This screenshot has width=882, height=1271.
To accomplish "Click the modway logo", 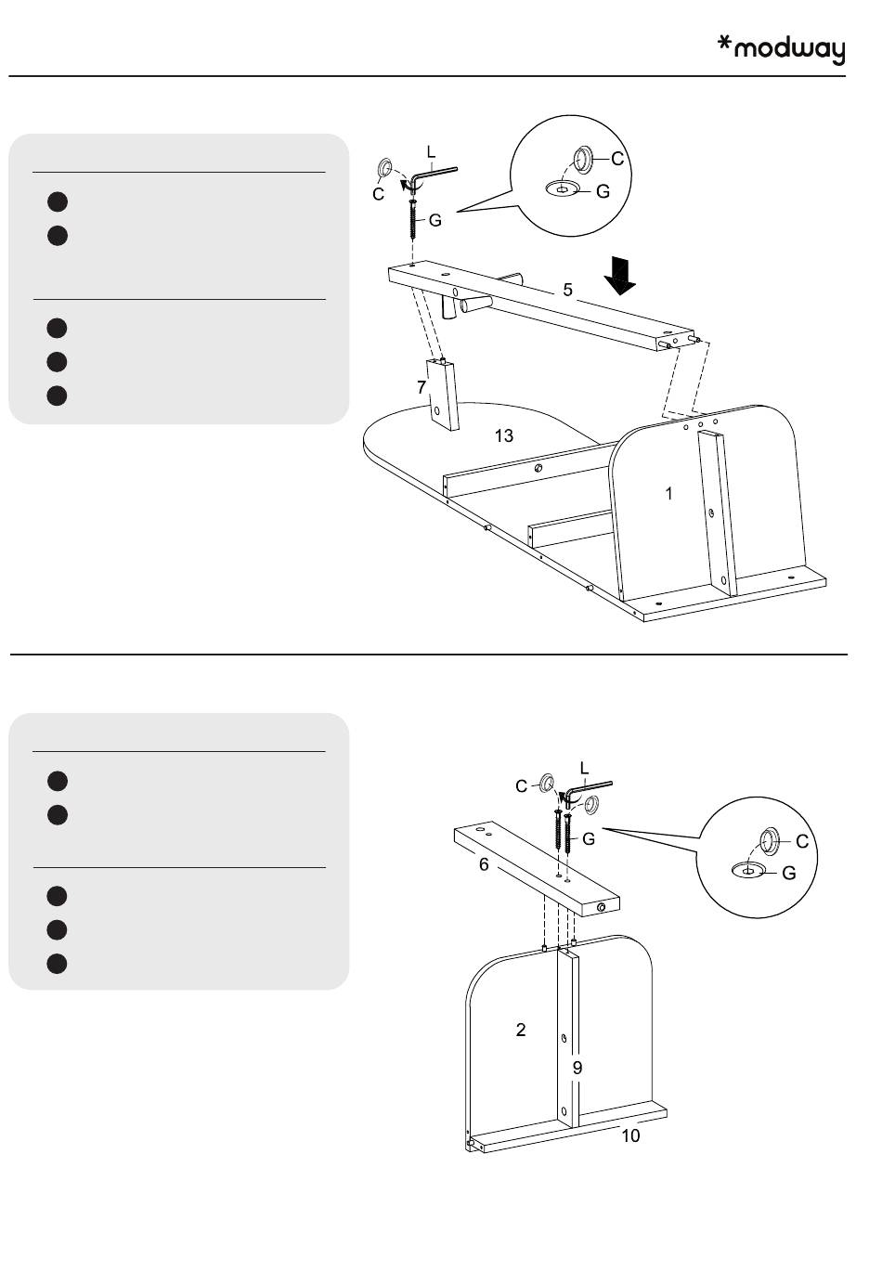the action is (782, 49).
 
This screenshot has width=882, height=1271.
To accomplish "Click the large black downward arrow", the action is (618, 274).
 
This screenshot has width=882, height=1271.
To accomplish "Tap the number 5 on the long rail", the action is (567, 290).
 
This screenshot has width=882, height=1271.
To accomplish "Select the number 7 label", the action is (421, 385).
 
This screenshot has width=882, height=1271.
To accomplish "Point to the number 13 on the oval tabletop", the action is (504, 435).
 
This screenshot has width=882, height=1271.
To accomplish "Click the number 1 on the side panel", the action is (668, 494).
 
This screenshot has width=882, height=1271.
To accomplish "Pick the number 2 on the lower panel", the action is (521, 1029).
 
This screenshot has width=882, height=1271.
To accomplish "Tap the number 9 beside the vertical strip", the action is (577, 1068).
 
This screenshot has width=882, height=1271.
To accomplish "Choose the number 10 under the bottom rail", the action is (630, 1135).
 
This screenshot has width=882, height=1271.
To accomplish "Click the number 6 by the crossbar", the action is (484, 864).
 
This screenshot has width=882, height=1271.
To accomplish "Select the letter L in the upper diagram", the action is (431, 150).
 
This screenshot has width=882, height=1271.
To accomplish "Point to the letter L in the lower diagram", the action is (584, 768).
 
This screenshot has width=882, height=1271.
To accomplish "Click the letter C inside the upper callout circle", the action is (617, 160).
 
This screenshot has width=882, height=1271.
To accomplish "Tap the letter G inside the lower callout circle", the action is (789, 873).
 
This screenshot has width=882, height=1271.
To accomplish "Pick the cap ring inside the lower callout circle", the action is (770, 841).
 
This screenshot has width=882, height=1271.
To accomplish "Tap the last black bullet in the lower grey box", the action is (58, 963).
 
